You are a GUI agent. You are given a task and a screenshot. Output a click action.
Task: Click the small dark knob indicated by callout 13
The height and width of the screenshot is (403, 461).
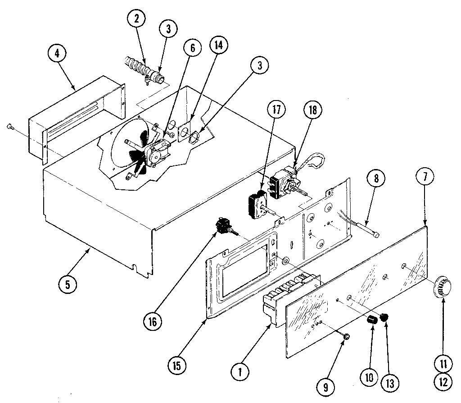[x=384, y=317]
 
